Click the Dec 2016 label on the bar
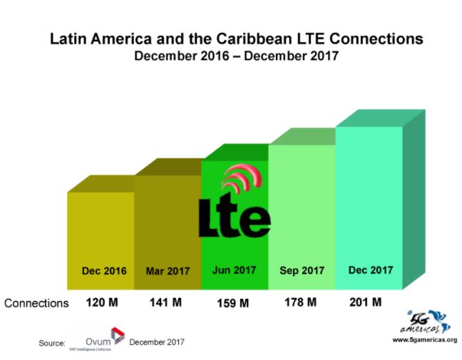[x=104, y=271]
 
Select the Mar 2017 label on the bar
[x=168, y=271]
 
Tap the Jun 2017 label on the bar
[x=234, y=270]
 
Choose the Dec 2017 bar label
[x=370, y=270]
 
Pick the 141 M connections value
[x=168, y=302]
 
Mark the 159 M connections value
[x=234, y=303]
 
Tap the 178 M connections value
[x=300, y=302]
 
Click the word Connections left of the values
[x=36, y=303]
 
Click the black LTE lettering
[x=234, y=217]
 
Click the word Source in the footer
[x=52, y=343]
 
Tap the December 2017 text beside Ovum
[x=157, y=342]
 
